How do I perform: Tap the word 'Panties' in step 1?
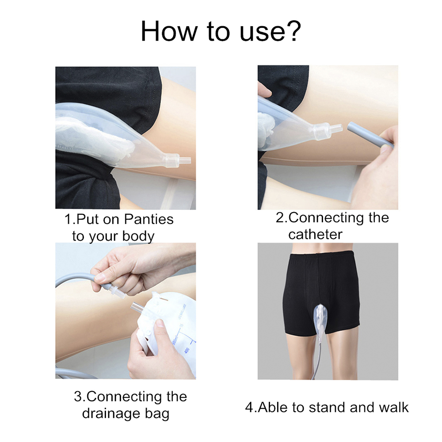(149, 219)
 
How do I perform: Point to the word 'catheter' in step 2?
(315, 235)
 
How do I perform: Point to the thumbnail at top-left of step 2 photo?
(264, 90)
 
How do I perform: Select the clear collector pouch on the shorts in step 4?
(321, 321)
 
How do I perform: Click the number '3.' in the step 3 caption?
(80, 397)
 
